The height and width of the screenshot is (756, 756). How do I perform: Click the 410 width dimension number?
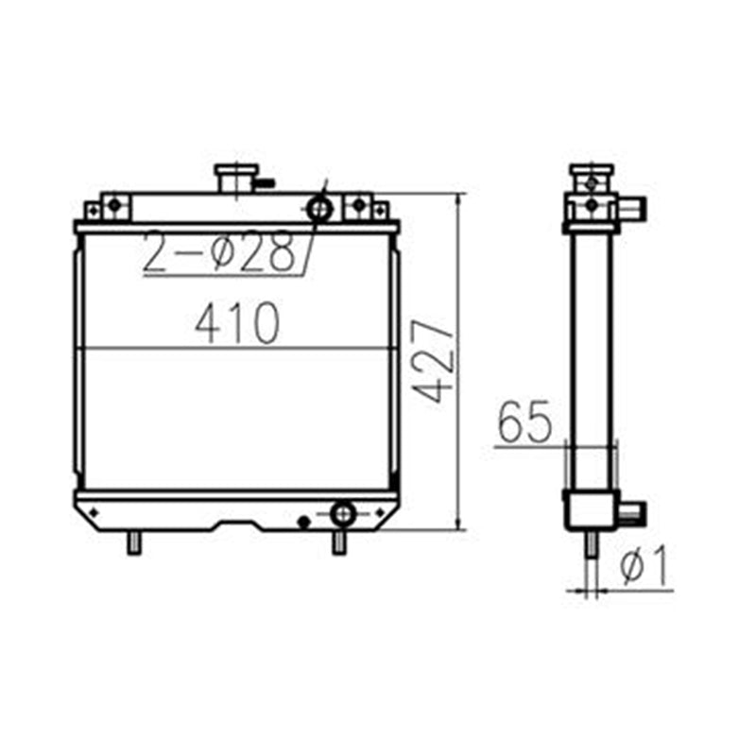coord(237,324)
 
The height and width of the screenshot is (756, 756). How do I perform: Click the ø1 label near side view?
coord(644,566)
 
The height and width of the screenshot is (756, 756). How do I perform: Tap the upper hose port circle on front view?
coord(319,208)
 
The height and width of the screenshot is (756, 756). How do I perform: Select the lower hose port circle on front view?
coord(343,513)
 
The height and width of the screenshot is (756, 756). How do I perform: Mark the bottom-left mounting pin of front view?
coord(134,542)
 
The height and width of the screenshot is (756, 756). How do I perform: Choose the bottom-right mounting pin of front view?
coord(339,542)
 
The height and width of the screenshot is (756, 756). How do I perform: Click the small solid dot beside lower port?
coord(303,521)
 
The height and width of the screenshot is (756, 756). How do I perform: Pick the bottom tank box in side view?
coord(592,510)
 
